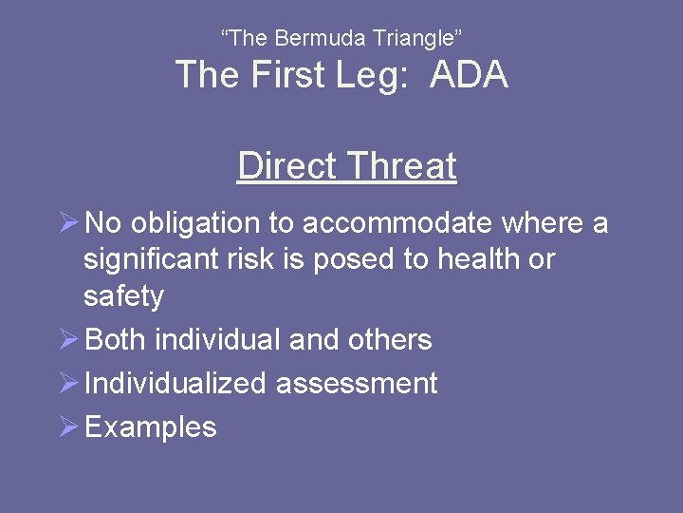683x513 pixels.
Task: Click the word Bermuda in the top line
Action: pos(310,39)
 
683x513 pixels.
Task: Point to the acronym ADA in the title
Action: pos(469,75)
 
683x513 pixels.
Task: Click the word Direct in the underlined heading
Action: pos(286,165)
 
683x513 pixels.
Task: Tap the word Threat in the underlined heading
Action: pos(402,165)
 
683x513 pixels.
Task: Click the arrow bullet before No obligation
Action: pos(68,223)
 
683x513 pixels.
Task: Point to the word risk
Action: pos(242,259)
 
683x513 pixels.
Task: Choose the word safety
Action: pos(123,296)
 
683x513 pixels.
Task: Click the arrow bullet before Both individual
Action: pos(68,339)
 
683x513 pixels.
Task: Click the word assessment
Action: pos(357,384)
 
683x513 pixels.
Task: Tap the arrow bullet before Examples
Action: pos(68,427)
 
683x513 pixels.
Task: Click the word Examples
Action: pos(151,427)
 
